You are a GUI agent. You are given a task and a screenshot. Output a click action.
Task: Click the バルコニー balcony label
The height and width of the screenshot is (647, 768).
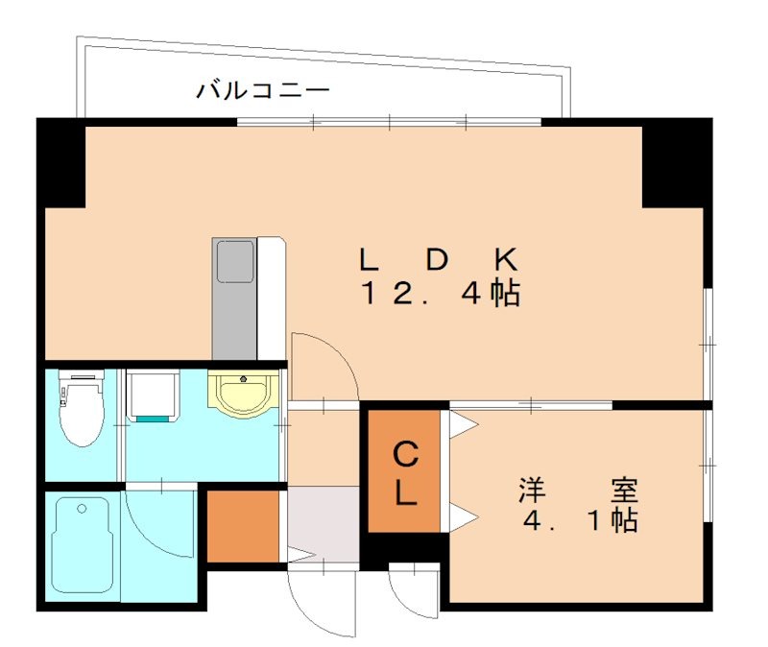point(263,91)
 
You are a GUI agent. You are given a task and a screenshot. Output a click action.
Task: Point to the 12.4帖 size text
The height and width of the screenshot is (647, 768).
point(440,294)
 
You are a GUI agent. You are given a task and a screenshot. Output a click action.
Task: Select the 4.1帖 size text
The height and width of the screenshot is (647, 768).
point(580,522)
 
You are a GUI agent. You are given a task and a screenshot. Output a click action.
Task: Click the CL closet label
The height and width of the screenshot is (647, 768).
point(406,471)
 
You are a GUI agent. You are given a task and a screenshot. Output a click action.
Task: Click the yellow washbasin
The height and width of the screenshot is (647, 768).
point(243,394)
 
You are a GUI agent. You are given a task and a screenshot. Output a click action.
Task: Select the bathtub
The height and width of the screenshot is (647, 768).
point(84,545)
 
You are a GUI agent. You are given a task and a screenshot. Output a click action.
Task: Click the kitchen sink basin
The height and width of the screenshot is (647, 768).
point(234,261)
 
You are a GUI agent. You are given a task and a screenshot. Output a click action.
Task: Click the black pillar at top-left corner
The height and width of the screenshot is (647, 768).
point(60,163)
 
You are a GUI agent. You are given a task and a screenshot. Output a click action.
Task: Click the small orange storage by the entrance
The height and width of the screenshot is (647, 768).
point(243,526)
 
